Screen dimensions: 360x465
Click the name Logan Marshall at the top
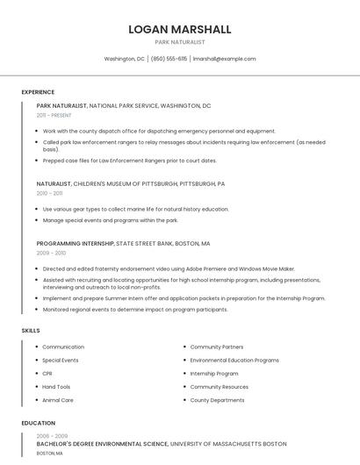[180, 29]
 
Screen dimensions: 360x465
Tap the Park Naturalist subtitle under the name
[180, 42]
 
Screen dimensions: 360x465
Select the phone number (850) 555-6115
[169, 59]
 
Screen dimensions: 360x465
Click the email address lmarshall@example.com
[225, 59]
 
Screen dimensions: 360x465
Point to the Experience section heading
[38, 92]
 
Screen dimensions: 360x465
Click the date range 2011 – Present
[54, 115]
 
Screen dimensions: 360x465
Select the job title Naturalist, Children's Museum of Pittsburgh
[130, 184]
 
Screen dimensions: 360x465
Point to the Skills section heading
[31, 331]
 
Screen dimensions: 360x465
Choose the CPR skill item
[47, 374]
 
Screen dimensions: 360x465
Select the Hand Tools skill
[56, 387]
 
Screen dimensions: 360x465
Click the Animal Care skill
[58, 400]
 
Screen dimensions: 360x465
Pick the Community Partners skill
[217, 347]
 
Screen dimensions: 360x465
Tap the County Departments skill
[217, 400]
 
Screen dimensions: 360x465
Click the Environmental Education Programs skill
[234, 361]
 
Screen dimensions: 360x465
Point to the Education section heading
[38, 423]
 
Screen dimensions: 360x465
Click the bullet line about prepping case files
[129, 161]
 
